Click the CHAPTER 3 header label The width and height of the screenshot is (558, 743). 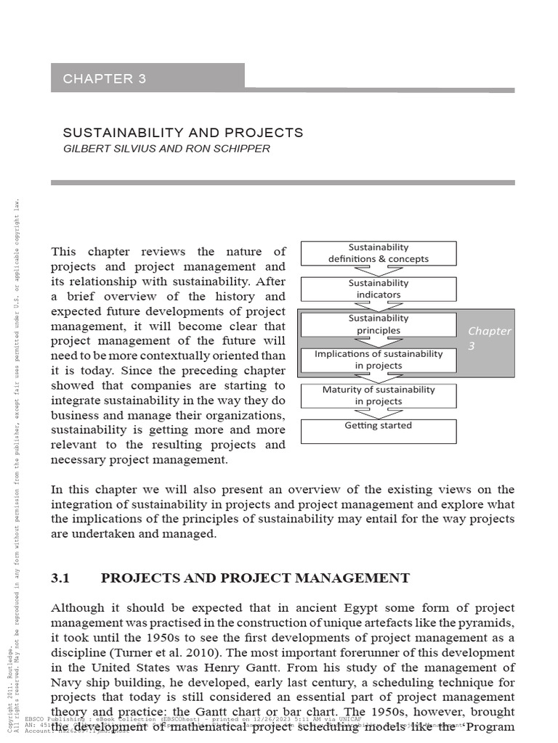[105, 79]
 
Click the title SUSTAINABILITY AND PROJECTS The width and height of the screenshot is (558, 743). [182, 133]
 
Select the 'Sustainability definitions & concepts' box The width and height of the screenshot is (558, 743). [379, 253]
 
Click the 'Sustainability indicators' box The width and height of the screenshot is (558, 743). [379, 289]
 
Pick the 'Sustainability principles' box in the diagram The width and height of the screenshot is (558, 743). [379, 324]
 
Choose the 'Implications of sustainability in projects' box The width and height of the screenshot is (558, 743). [379, 360]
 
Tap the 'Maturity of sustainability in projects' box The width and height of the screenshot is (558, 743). [379, 395]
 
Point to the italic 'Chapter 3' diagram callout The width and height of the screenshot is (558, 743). [489, 338]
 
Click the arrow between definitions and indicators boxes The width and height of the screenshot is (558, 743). [378, 271]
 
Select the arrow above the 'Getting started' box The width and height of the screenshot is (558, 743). [378, 414]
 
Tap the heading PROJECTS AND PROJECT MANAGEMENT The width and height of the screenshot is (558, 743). [255, 578]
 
